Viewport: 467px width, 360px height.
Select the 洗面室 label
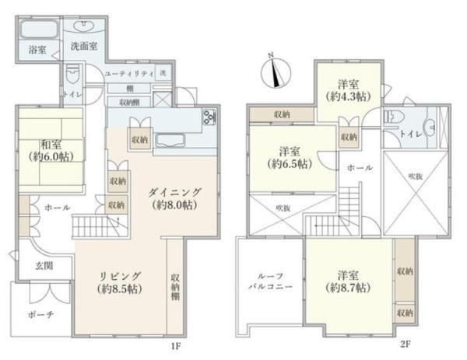[83, 46]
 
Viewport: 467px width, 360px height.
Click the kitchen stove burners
[209, 118]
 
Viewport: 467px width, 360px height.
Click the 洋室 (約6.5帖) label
[287, 157]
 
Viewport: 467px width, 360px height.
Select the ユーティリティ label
[130, 72]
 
